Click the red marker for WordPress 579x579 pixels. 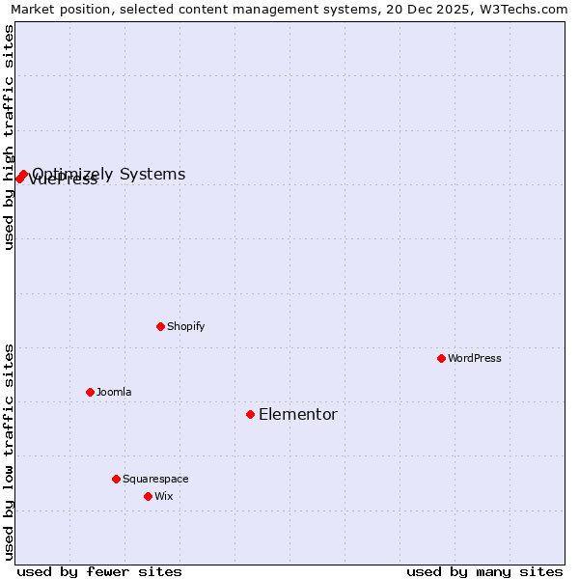[x=441, y=358]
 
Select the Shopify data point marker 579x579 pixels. [x=160, y=326]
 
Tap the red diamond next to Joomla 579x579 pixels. [x=90, y=392]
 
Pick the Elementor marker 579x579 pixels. [x=250, y=414]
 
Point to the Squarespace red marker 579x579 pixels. [x=116, y=479]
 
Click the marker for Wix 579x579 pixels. [x=148, y=496]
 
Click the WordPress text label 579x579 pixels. [x=475, y=358]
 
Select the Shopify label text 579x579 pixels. [x=186, y=326]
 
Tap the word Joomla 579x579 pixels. [x=114, y=392]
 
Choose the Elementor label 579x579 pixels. [x=298, y=415]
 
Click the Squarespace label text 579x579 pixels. [x=155, y=479]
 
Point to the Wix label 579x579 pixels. [x=164, y=496]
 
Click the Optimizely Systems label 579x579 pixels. [x=109, y=174]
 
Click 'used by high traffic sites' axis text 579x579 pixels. [x=9, y=137]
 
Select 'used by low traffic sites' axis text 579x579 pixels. [x=9, y=452]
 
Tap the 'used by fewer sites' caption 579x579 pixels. [x=99, y=571]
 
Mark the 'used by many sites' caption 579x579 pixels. [x=484, y=571]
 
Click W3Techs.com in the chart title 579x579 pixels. [x=520, y=10]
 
